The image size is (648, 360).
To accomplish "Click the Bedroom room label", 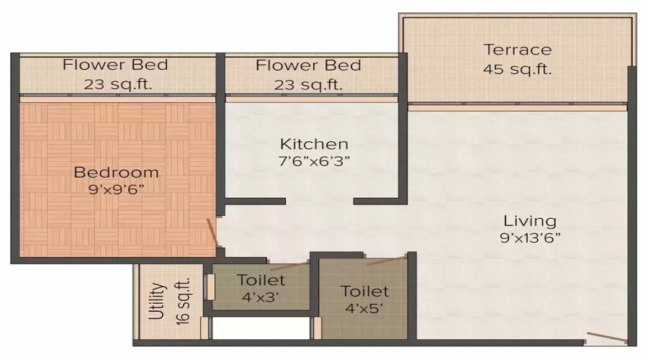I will pyautogui.click(x=116, y=172).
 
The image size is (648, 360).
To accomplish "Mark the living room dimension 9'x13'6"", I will pyautogui.click(x=529, y=237).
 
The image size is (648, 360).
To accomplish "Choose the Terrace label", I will pyautogui.click(x=518, y=50).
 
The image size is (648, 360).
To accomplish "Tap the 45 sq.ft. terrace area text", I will pyautogui.click(x=518, y=69).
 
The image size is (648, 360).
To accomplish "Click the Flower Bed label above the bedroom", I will pyautogui.click(x=115, y=65).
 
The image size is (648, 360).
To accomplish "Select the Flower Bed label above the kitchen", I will pyautogui.click(x=308, y=66).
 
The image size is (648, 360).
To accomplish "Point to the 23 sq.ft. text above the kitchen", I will pyautogui.click(x=308, y=84).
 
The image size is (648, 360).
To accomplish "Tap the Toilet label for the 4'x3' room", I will pyautogui.click(x=261, y=280).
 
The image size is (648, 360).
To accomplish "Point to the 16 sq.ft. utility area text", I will pyautogui.click(x=181, y=302).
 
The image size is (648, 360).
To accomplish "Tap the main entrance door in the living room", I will pyautogui.click(x=606, y=336).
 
